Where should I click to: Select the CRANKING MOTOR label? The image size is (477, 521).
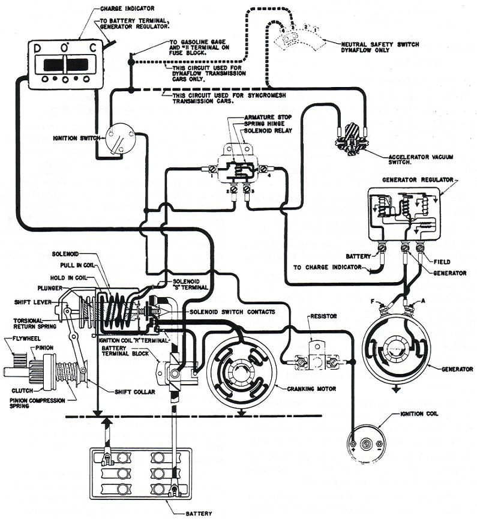tap(313, 388)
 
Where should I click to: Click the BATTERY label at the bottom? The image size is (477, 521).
tap(199, 513)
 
